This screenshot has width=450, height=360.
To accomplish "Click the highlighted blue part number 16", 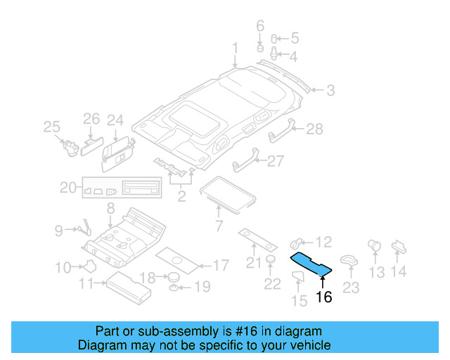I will [312, 264].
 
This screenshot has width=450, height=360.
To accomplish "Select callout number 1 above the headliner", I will [236, 49].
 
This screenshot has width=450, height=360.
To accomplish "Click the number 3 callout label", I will [330, 90].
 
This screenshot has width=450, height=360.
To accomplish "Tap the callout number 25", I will [51, 127].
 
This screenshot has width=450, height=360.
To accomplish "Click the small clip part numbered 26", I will [91, 145].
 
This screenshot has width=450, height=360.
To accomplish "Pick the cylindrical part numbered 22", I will [269, 263].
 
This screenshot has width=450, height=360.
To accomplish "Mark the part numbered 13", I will [374, 247].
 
